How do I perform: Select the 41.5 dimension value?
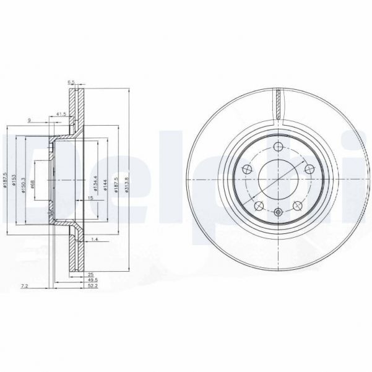[x=61, y=115]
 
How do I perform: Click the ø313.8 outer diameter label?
[x=126, y=183]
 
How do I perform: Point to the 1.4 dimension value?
[x=95, y=238]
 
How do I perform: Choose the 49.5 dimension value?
[x=75, y=280]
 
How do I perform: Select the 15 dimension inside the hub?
[x=90, y=198]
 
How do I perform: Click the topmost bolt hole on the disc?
[x=278, y=147]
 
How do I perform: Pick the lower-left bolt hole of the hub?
[x=258, y=205]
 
